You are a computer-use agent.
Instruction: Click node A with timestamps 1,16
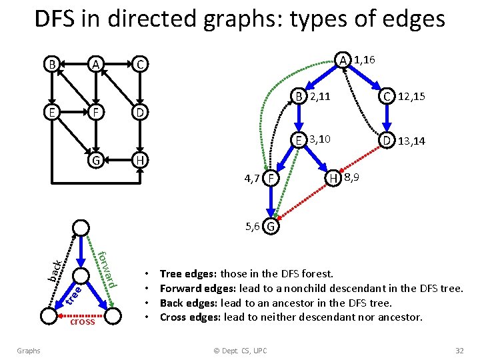pos(343,61)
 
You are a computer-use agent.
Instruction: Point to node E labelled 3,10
pos(301,140)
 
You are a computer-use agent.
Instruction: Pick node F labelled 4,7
pos(270,179)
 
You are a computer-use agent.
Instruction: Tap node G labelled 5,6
pos(271,227)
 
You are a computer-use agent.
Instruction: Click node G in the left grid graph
pos(96,161)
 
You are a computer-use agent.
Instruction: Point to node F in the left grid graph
pos(96,113)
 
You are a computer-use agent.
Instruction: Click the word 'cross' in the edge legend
pos(82,321)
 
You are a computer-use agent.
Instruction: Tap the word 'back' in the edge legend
pos(57,269)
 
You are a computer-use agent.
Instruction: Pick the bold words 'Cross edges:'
pos(191,317)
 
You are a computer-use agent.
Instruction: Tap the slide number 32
pos(459,351)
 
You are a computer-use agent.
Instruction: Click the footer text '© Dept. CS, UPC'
pos(240,351)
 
